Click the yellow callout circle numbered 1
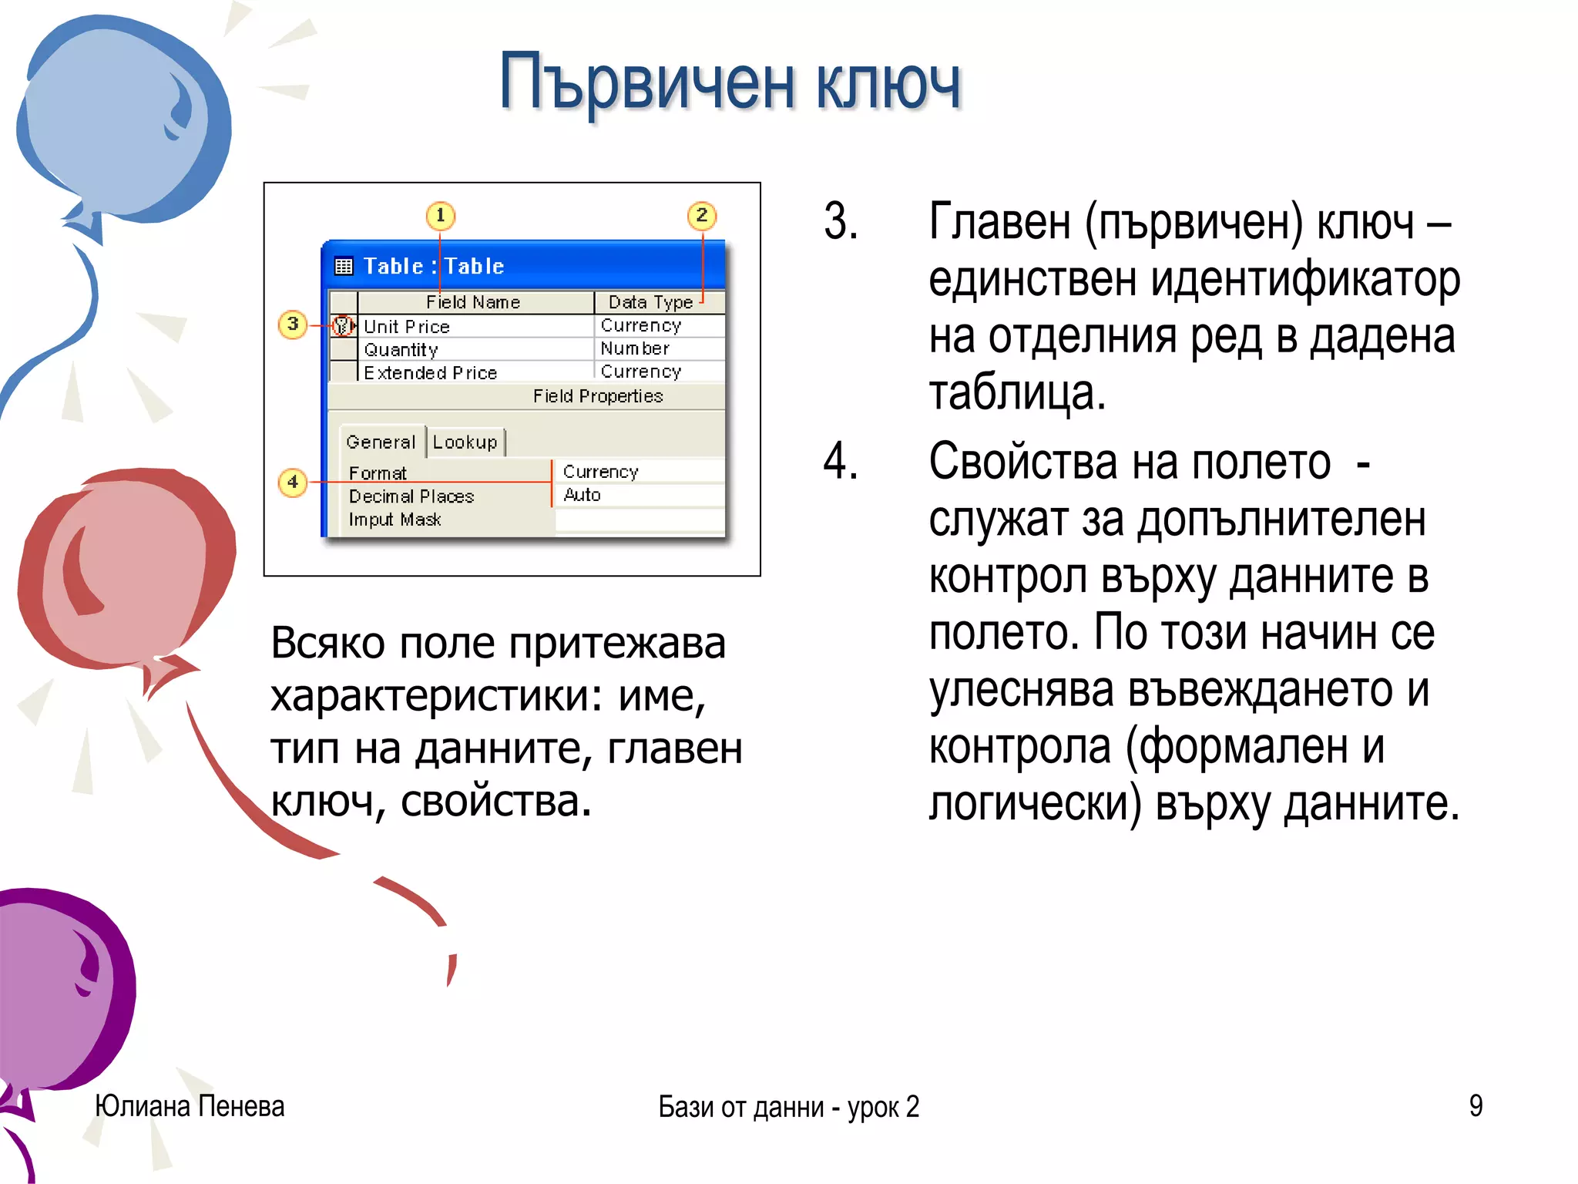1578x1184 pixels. point(440,215)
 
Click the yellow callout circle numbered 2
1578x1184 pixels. point(701,215)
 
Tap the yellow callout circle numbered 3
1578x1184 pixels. point(292,324)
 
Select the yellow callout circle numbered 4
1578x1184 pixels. point(292,483)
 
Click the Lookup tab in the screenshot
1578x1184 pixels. point(465,442)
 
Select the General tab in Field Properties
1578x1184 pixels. point(381,442)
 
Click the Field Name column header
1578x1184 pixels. point(473,302)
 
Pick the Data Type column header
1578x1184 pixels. point(650,302)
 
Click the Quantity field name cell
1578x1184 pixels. point(401,349)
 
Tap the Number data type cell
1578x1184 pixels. point(635,348)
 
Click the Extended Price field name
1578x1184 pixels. point(430,372)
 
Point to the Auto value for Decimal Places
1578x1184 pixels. point(582,495)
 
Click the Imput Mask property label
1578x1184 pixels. point(394,520)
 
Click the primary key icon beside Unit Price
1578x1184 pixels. point(342,326)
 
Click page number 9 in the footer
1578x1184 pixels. point(1475,1106)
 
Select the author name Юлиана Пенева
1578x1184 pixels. point(190,1106)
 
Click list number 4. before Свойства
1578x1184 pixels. point(840,461)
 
